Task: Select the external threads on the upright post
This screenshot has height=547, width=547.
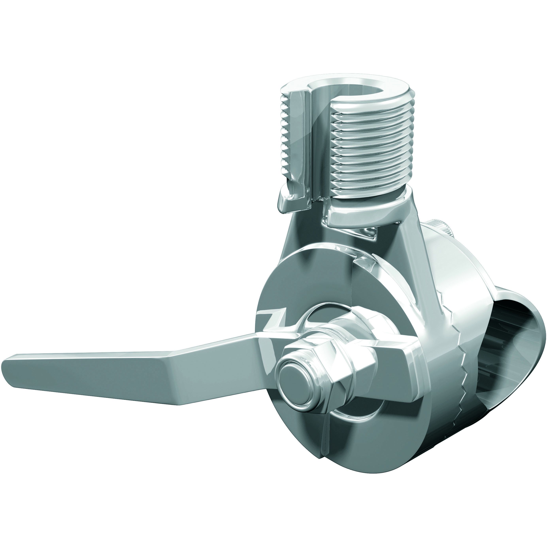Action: point(371,147)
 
